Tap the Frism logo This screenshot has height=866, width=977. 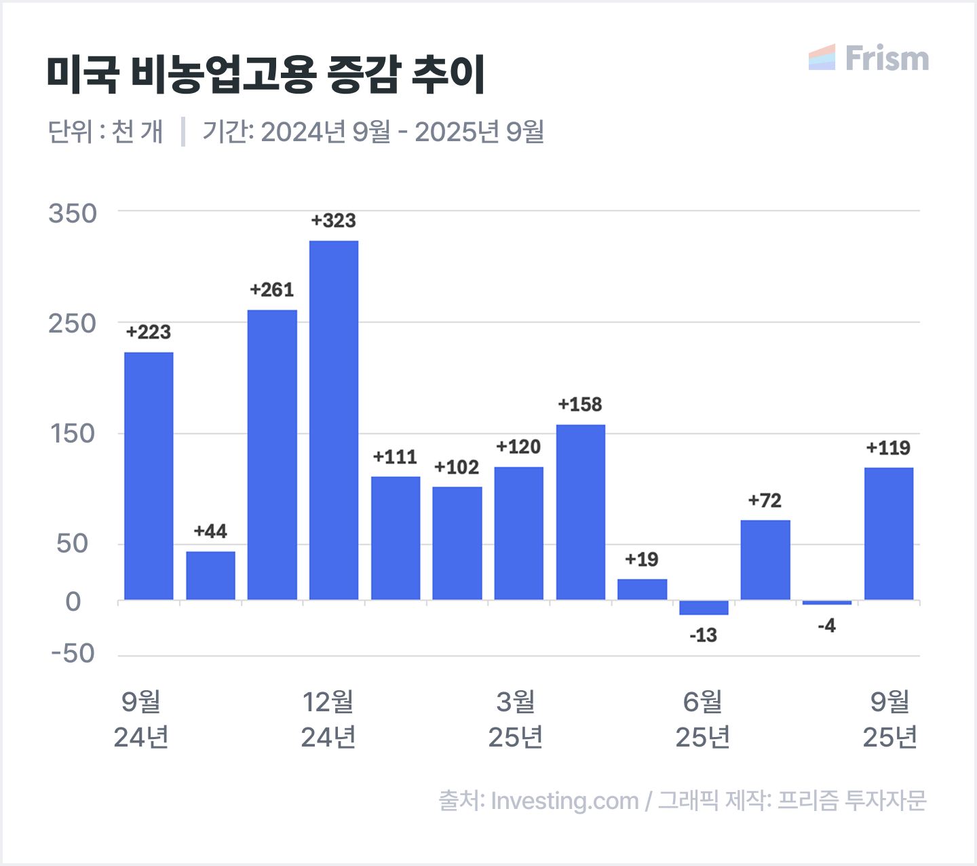pos(869,58)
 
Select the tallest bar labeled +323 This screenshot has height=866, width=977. pos(334,419)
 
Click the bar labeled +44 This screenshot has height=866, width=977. pos(210,576)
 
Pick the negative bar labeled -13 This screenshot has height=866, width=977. pos(704,607)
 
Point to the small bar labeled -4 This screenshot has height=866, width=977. pos(826,603)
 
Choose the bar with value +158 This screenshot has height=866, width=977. pos(581,512)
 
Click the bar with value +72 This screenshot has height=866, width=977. pos(765,559)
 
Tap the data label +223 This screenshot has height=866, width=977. pos(149,333)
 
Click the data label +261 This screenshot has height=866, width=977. pos(272,290)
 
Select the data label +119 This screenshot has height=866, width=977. pos(888,448)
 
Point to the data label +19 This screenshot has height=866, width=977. pos(642,559)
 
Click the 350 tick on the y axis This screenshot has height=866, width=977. pos(73,213)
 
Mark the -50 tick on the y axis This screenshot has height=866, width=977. pos(73,654)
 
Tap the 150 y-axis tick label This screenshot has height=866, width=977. pos(73,434)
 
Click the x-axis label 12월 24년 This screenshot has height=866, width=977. pos(328,719)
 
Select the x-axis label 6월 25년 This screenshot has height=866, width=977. pos(703,719)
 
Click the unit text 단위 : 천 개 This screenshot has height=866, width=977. pos(106,132)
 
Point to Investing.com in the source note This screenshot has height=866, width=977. pos(564,801)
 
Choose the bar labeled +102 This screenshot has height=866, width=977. pos(457,543)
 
